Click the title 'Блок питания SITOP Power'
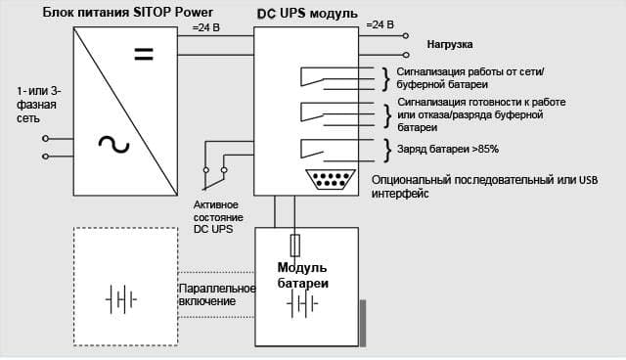coord(128,12)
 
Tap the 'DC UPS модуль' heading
coord(307,13)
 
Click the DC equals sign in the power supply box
coord(144,54)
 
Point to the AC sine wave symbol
coord(113,145)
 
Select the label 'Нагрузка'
coord(450,44)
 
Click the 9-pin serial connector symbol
coord(331,179)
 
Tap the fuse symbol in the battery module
coord(295,246)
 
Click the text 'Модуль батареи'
coord(302,275)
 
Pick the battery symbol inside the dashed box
coord(121,299)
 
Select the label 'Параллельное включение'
coord(217,294)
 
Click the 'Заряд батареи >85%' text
coord(448,150)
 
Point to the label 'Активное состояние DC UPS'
coord(218,217)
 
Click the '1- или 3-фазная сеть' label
coord(39,105)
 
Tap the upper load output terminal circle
coord(406,36)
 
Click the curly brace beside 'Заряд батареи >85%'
coord(387,150)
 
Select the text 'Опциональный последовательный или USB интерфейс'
coord(484,187)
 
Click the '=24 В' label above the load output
coord(380,24)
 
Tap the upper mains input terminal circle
coord(46,139)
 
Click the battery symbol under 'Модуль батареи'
coord(302,303)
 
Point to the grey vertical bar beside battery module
coord(363,323)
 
